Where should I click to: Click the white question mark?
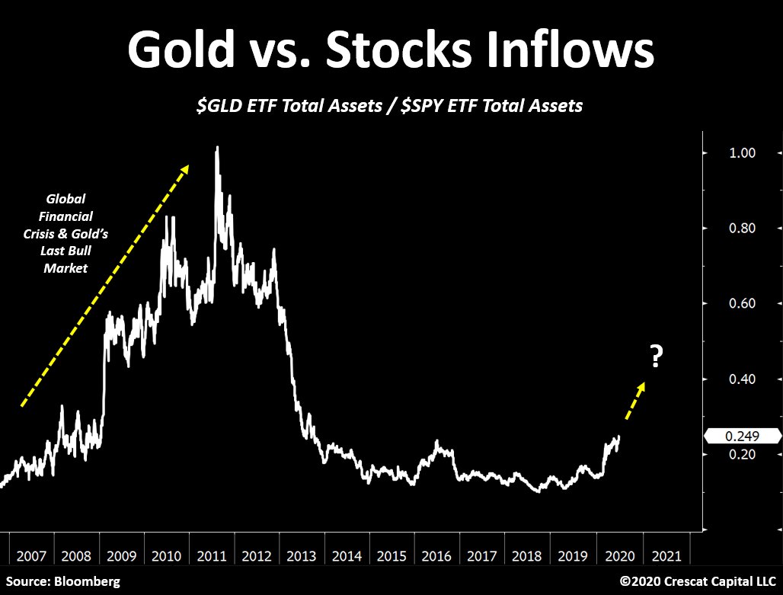point(655,357)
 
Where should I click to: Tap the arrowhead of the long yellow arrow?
point(184,169)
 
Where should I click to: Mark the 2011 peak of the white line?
point(218,147)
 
